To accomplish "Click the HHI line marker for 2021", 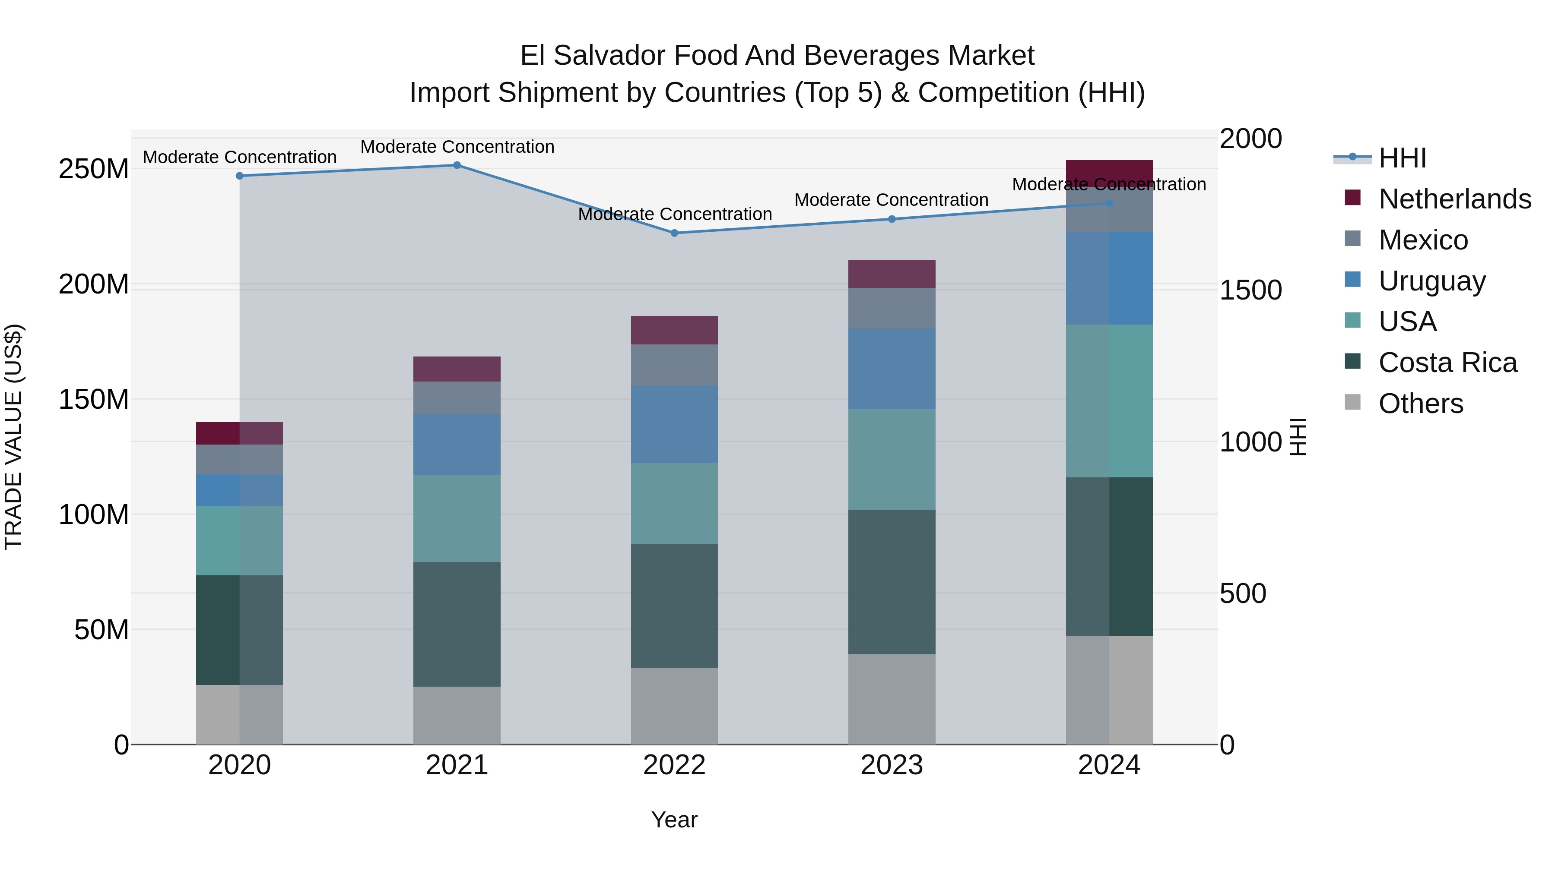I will [457, 165].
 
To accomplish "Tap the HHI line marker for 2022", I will [674, 233].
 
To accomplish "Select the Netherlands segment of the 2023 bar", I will [892, 274].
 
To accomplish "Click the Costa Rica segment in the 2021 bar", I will [457, 624].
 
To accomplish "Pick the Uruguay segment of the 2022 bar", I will [674, 424].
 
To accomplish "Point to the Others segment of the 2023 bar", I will [892, 699].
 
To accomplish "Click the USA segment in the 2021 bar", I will [457, 519].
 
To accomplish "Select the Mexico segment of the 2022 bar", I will [674, 365].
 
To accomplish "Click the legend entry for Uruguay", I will [1431, 281].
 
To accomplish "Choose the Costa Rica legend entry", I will [1447, 363].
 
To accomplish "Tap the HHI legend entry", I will [1402, 158].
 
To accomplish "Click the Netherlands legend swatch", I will [1353, 198].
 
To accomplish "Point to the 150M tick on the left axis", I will [94, 399].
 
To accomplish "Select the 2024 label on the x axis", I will [1109, 765].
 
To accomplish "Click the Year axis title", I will [674, 820].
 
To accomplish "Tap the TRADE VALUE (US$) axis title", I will [13, 437].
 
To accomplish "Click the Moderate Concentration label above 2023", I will [891, 200].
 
